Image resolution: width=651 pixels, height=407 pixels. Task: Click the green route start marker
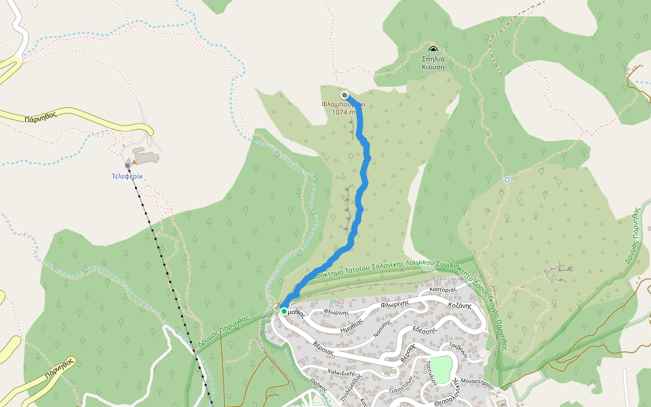pyautogui.click(x=283, y=311)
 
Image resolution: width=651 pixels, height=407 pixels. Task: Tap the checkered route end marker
pyautogui.click(x=345, y=95)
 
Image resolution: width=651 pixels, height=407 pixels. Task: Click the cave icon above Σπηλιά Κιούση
pyautogui.click(x=433, y=50)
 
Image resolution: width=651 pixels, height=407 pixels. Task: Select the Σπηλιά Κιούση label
pyautogui.click(x=433, y=63)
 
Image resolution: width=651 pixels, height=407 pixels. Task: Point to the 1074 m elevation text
pyautogui.click(x=344, y=112)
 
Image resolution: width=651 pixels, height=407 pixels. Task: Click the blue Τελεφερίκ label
pyautogui.click(x=127, y=176)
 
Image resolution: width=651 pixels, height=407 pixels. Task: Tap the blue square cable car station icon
pyautogui.click(x=127, y=165)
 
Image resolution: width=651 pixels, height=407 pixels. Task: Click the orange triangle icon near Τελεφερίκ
pyautogui.click(x=134, y=162)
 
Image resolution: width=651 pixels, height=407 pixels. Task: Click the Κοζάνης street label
pyautogui.click(x=460, y=305)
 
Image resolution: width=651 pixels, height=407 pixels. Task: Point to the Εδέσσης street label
pyautogui.click(x=426, y=330)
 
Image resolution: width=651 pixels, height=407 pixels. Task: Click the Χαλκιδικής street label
pyautogui.click(x=342, y=372)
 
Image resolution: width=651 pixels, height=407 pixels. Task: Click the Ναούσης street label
pyautogui.click(x=383, y=328)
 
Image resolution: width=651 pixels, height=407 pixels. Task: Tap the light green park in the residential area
pyautogui.click(x=441, y=368)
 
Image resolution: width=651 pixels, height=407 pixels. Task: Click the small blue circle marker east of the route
pyautogui.click(x=507, y=179)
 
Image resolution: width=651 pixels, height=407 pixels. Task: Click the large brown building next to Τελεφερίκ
pyautogui.click(x=146, y=157)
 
